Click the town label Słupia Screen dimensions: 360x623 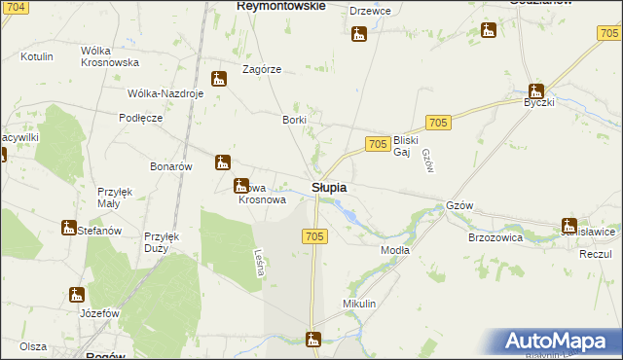point(331,187)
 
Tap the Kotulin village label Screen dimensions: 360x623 point(36,57)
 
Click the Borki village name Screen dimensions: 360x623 point(294,120)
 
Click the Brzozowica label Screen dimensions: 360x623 point(495,236)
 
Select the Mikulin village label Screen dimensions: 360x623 point(359,305)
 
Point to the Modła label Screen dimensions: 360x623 point(394,250)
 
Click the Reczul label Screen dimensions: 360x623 point(594,253)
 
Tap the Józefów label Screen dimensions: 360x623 point(99,313)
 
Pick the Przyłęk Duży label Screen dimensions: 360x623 point(160,242)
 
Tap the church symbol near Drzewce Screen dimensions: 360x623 point(359,35)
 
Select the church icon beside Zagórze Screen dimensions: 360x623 point(220,79)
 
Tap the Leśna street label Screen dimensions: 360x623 point(259,263)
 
